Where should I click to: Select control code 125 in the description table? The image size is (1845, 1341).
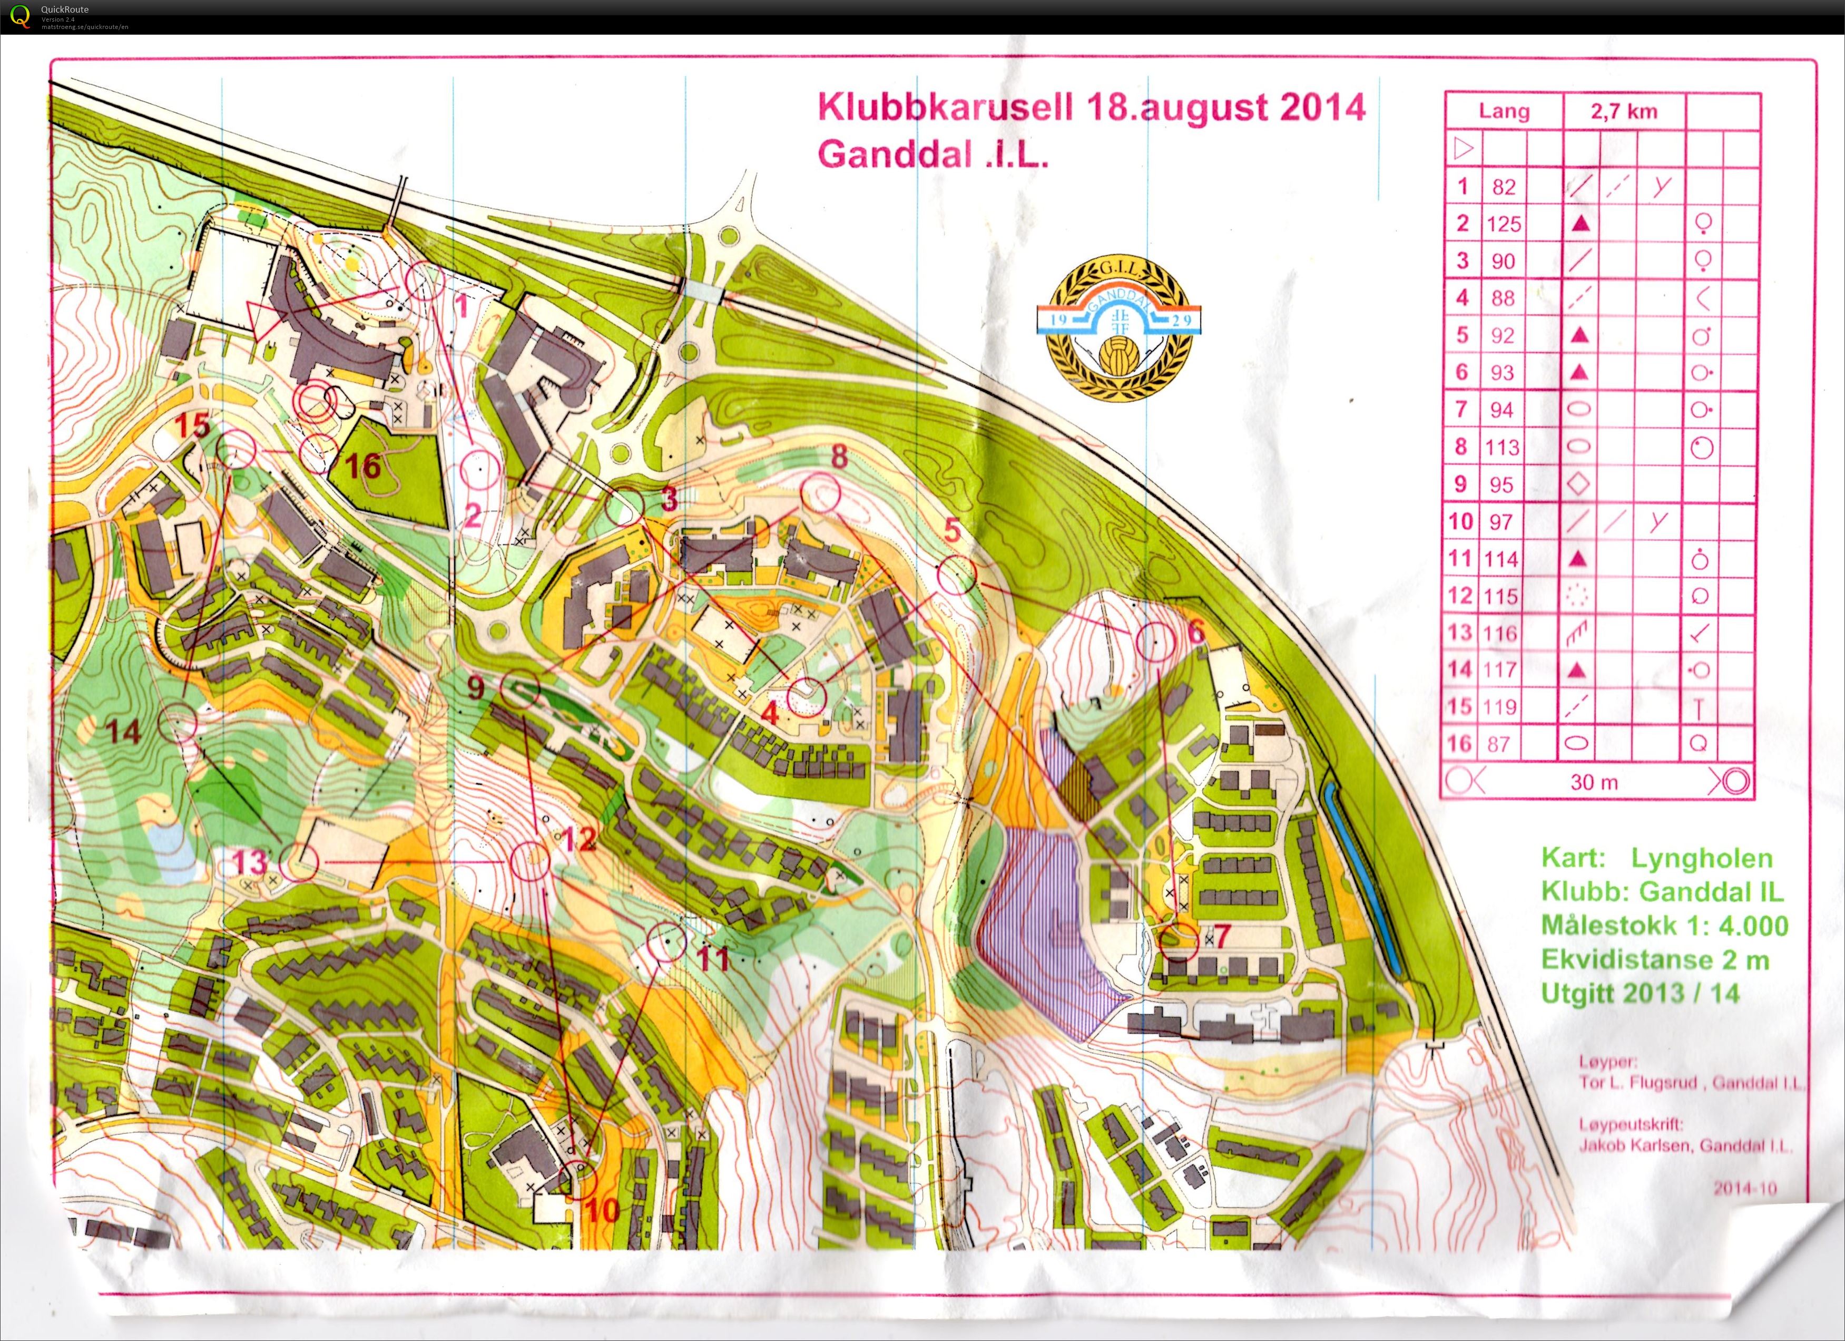[x=1503, y=224]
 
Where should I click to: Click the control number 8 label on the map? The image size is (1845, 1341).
[x=839, y=456]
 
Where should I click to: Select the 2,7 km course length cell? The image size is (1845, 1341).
[x=1624, y=111]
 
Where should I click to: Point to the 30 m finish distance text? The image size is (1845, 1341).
[x=1594, y=782]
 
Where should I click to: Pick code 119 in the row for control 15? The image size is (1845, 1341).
[x=1501, y=706]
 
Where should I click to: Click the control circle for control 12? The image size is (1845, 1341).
[x=531, y=861]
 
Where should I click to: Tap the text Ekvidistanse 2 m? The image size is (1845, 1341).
[x=1655, y=959]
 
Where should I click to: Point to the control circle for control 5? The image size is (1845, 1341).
[x=957, y=575]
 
